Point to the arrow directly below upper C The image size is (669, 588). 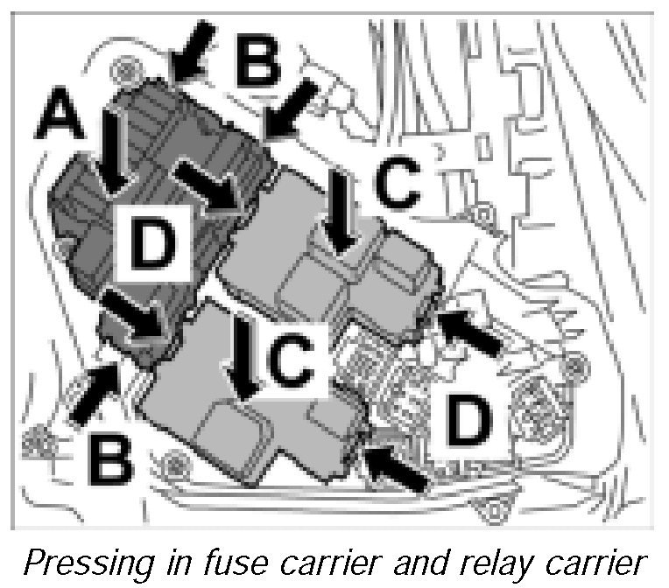338,214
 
